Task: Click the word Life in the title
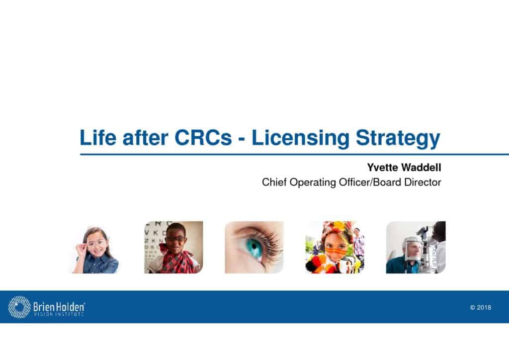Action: click(x=98, y=137)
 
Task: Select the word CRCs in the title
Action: click(x=203, y=137)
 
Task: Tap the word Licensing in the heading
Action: click(x=300, y=139)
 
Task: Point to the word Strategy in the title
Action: click(x=398, y=139)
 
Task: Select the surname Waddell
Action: click(x=422, y=168)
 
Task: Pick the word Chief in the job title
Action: click(x=274, y=182)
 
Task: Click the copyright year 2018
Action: click(x=484, y=307)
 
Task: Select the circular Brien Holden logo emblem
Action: click(x=19, y=307)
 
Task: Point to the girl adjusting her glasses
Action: click(x=95, y=250)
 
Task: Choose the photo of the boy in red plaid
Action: click(x=173, y=247)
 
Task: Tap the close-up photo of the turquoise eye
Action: click(x=254, y=247)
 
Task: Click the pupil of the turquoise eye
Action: click(x=254, y=247)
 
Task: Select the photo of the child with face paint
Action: click(x=335, y=247)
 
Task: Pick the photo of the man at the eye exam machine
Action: click(x=416, y=247)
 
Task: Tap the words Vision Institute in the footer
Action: click(x=59, y=314)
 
